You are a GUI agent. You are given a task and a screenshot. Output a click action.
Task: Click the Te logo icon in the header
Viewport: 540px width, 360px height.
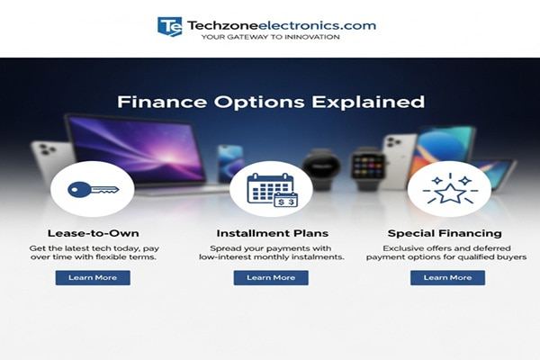pos(169,26)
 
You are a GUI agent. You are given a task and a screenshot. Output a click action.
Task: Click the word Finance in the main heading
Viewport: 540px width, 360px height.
pos(154,101)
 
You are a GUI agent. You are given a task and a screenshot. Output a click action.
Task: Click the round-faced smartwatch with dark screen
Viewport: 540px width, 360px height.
pos(321,166)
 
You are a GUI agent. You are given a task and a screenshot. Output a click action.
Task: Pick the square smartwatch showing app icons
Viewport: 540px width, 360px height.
pos(366,166)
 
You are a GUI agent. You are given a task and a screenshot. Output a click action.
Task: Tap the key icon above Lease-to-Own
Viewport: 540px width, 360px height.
pos(92,190)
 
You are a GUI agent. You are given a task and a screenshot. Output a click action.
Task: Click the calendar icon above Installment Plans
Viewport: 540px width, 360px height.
pos(271,190)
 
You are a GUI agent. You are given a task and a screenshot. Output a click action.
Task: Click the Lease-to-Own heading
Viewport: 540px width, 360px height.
pos(92,233)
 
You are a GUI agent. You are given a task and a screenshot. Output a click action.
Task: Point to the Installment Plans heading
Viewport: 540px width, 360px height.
pos(271,233)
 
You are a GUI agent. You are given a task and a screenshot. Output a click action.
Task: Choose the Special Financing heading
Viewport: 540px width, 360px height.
pos(445,233)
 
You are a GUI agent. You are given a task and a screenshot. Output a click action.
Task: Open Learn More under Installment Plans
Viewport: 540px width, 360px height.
pos(271,277)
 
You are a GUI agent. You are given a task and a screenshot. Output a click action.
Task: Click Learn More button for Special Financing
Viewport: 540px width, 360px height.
pos(447,277)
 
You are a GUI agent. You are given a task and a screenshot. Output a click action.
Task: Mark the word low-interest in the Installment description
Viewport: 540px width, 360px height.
pos(225,257)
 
